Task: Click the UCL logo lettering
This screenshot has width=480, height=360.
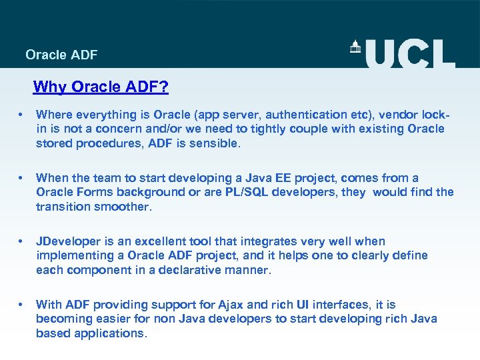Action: (x=409, y=53)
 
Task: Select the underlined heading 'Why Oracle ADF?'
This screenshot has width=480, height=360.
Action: (x=101, y=87)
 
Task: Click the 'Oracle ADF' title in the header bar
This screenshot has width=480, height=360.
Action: (x=61, y=55)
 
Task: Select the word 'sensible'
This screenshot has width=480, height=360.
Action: (x=211, y=143)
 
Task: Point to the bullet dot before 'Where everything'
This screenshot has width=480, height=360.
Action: (x=22, y=115)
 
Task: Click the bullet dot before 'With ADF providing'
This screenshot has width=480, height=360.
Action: (x=22, y=305)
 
